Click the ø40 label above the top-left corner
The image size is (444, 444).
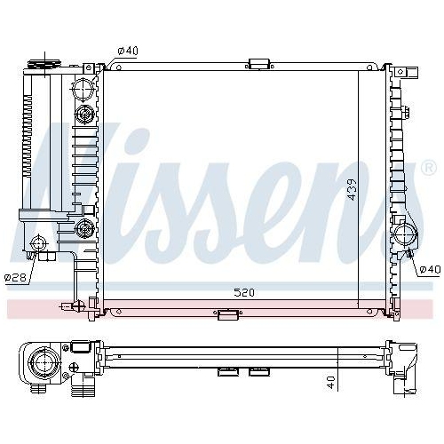[x=129, y=51]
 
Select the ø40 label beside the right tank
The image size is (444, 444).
[x=429, y=269]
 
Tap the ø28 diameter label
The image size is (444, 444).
[x=14, y=277]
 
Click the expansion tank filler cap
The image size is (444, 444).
[x=41, y=65]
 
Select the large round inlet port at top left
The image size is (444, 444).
[x=83, y=89]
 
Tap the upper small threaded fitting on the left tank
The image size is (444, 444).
[x=85, y=114]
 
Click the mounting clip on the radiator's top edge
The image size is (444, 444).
[x=258, y=64]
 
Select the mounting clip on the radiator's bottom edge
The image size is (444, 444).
[x=228, y=313]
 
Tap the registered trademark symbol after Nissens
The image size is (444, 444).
[x=427, y=168]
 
